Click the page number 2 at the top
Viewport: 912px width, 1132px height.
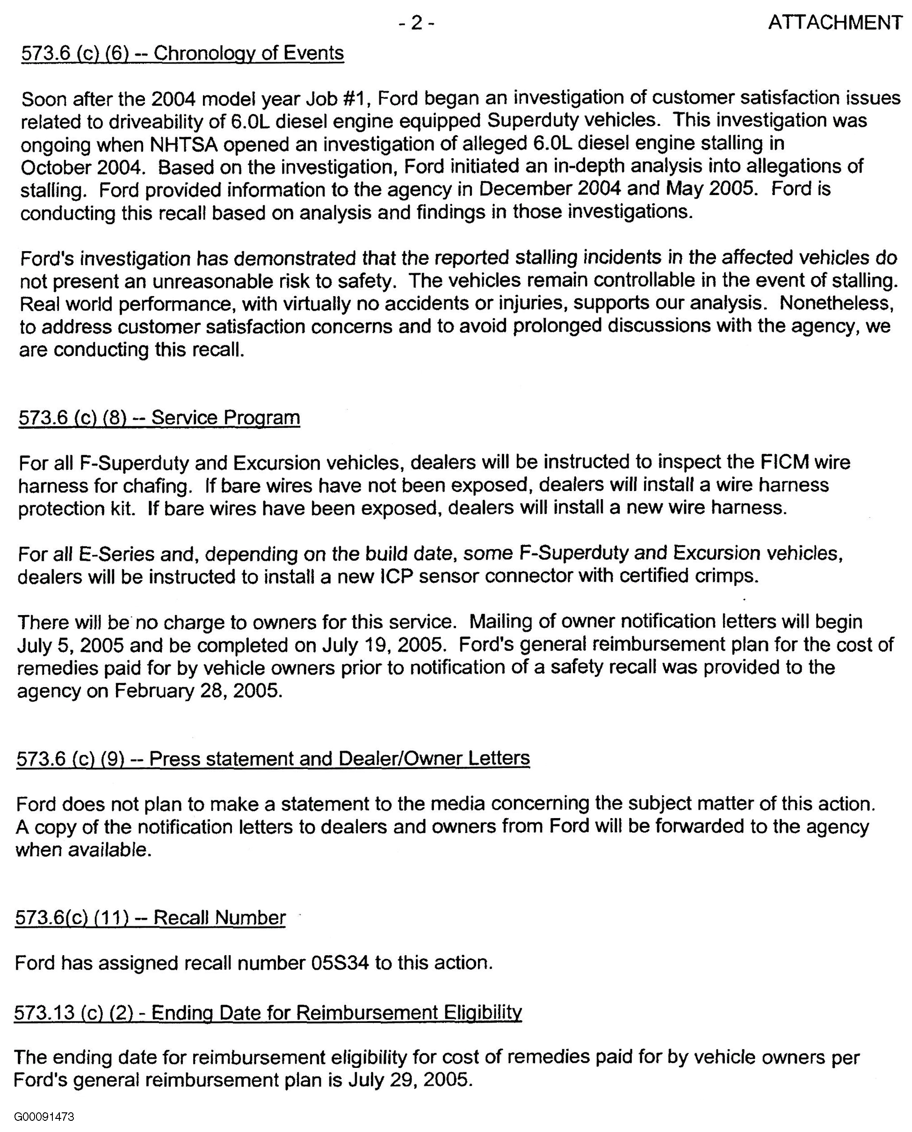click(416, 22)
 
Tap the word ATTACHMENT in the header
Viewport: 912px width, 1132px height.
click(835, 22)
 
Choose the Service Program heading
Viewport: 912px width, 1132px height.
click(159, 418)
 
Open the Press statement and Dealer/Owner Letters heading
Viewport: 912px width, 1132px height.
click(273, 759)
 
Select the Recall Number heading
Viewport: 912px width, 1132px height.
click(150, 918)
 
